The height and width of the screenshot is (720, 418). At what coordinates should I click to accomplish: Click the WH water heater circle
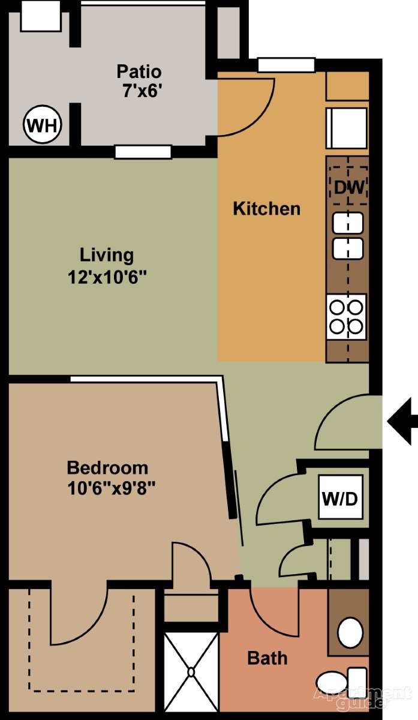43,125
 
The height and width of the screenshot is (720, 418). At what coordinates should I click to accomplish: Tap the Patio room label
139,71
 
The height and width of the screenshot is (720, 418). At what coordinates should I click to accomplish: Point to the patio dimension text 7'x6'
141,91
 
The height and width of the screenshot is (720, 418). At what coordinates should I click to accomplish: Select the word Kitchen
267,209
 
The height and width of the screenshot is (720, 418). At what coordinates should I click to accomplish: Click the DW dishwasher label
349,187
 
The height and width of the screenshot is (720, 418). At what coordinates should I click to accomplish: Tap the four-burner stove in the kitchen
347,317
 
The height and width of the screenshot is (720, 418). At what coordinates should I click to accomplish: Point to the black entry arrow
402,421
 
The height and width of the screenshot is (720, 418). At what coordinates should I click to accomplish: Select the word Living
107,256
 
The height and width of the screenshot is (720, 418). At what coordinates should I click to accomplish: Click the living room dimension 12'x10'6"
107,277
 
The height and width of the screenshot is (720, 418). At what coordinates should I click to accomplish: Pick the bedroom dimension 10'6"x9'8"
111,488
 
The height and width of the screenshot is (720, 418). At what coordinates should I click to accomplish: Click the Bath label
267,658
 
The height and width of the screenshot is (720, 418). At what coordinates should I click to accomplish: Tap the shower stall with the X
191,672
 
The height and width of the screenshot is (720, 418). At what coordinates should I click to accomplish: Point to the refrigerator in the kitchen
347,128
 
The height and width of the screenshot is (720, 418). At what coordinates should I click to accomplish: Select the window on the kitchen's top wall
287,65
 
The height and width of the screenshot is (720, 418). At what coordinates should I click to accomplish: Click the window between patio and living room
143,152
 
